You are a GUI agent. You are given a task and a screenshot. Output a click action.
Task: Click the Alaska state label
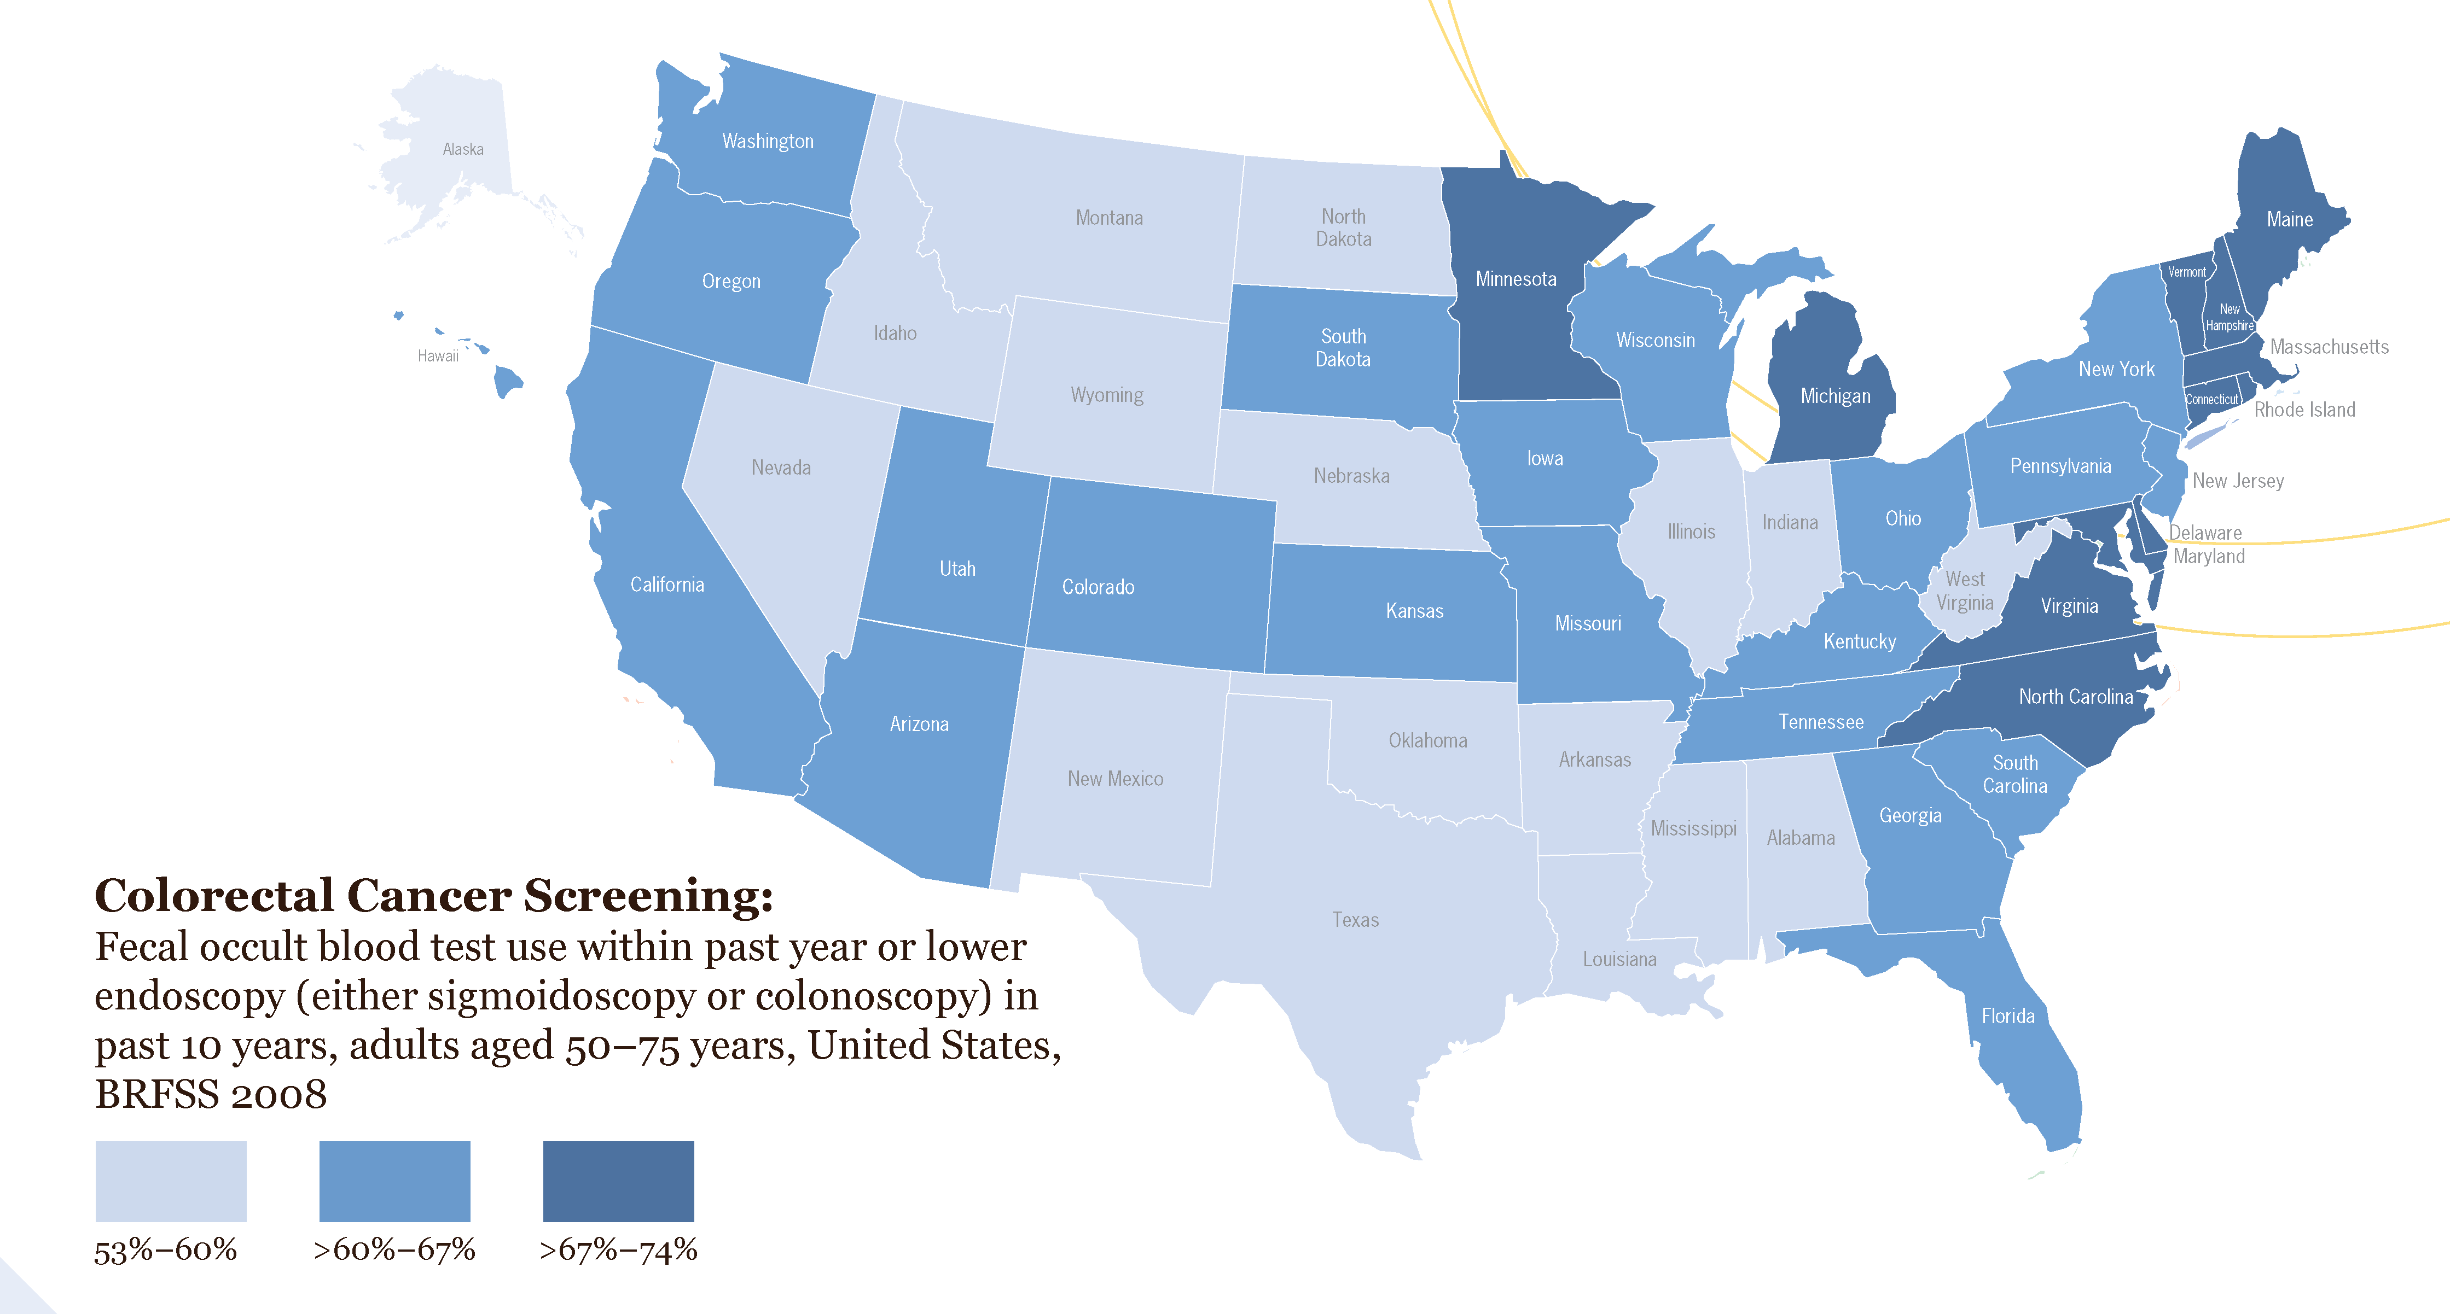(463, 149)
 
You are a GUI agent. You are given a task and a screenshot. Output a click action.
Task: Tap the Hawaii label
(438, 355)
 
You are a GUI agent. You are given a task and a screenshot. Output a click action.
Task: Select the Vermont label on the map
(2186, 272)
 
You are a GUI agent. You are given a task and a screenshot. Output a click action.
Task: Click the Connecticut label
(2212, 399)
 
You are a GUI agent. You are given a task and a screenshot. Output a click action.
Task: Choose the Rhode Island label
(2304, 410)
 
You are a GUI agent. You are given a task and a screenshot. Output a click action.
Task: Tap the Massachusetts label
(2329, 347)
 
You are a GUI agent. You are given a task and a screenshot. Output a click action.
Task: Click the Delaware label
(2205, 533)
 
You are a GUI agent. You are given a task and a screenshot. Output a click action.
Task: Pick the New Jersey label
(2238, 481)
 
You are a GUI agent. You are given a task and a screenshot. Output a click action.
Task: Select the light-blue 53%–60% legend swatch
(171, 1181)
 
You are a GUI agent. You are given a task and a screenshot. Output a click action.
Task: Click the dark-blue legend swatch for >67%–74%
(618, 1181)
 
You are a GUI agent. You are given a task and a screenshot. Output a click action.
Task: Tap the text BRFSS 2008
(211, 1094)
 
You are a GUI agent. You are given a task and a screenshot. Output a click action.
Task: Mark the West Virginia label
(1965, 591)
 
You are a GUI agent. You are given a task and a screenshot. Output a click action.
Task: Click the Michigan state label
(1834, 396)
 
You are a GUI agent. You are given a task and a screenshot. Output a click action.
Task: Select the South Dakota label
(1343, 348)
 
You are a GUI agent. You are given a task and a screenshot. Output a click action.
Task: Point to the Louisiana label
(1619, 959)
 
